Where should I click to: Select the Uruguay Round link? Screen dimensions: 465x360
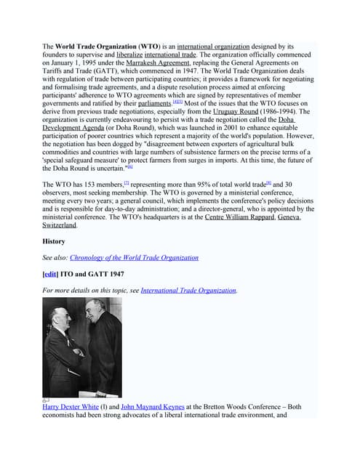tap(239, 113)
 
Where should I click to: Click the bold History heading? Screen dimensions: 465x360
tap(54, 241)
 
